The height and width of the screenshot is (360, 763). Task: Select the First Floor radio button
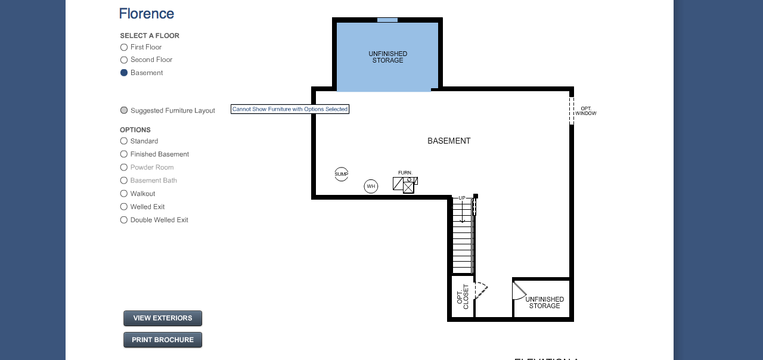124,47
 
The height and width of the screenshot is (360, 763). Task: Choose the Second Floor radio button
124,60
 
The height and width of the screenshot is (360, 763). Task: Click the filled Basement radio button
124,73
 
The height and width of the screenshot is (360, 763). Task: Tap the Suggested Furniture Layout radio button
124,110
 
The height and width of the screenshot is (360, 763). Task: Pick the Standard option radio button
124,141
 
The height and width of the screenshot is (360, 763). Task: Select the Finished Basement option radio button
124,154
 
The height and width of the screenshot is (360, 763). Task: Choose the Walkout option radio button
124,194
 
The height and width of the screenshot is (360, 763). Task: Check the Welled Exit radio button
124,207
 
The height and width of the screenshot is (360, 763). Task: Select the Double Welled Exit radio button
124,220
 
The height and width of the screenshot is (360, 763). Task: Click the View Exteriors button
163,318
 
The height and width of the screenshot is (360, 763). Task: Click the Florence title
147,14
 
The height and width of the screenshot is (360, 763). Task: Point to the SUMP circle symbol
342,174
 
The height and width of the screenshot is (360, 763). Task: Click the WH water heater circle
371,187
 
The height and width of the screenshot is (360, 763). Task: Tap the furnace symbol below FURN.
405,185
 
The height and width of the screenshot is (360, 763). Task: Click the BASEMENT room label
449,141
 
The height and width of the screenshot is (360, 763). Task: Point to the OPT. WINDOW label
586,111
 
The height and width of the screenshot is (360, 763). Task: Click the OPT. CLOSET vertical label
463,296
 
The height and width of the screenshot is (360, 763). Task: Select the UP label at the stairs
462,198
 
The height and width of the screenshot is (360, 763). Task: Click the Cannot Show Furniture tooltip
290,109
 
